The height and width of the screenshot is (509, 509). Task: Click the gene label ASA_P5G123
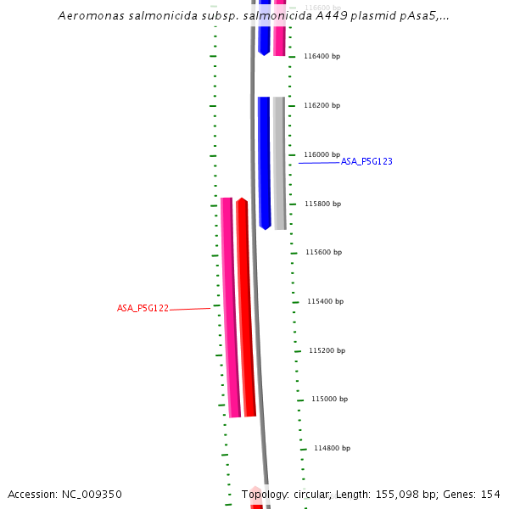tap(366, 161)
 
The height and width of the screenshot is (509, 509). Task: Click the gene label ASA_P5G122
tap(143, 309)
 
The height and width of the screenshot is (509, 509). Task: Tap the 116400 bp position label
tap(322, 56)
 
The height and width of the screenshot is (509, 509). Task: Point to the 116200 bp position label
tap(322, 105)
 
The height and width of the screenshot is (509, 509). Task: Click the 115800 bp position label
tap(323, 204)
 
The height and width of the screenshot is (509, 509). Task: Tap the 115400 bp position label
tap(327, 301)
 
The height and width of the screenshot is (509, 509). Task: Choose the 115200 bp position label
tap(327, 350)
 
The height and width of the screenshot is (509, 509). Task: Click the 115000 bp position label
tap(329, 399)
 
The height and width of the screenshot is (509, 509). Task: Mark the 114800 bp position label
tap(332, 448)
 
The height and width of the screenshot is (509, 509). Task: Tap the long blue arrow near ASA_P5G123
tap(265, 161)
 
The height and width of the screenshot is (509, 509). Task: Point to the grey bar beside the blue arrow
tap(279, 161)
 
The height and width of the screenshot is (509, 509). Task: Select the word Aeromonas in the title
tap(89, 16)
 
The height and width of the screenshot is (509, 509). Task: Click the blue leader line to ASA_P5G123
tap(319, 162)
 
